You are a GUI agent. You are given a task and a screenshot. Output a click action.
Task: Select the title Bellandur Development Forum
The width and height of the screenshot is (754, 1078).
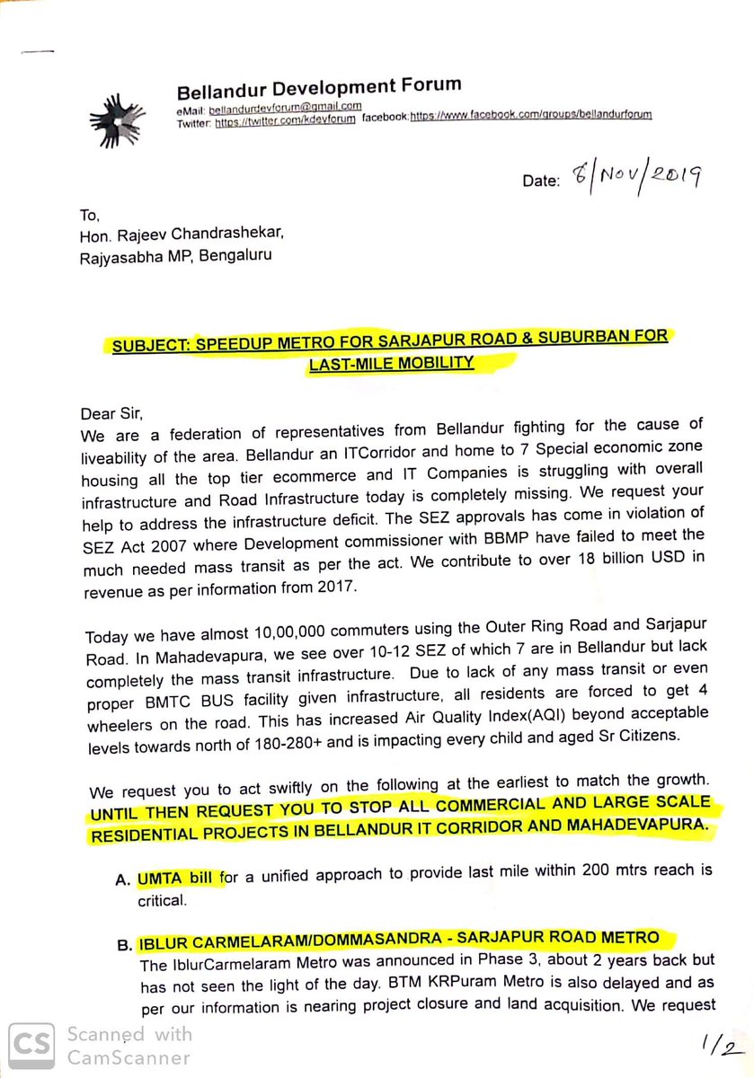pos(319,88)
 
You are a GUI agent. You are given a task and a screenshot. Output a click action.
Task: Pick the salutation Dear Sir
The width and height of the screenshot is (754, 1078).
pos(112,415)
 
